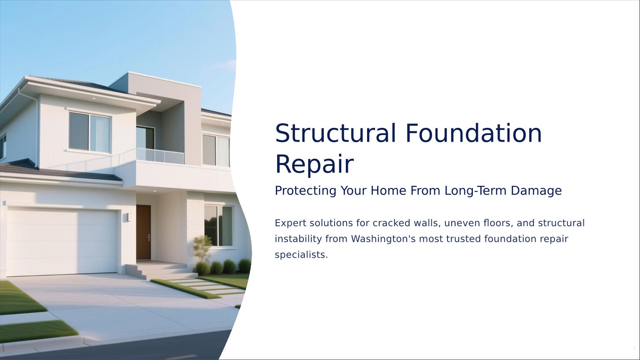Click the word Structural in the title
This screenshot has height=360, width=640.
click(335, 133)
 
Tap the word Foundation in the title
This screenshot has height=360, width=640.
click(474, 133)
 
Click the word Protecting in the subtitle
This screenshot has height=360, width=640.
click(305, 190)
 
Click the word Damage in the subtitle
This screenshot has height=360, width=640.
click(536, 191)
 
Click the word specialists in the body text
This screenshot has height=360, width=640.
click(301, 255)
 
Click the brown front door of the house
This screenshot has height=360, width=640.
click(143, 232)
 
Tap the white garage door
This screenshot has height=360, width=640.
click(62, 242)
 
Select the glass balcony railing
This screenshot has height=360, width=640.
click(160, 156)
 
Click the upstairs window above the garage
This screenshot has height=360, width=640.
click(90, 132)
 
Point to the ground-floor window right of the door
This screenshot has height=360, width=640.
click(219, 226)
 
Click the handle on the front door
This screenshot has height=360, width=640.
click(149, 238)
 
